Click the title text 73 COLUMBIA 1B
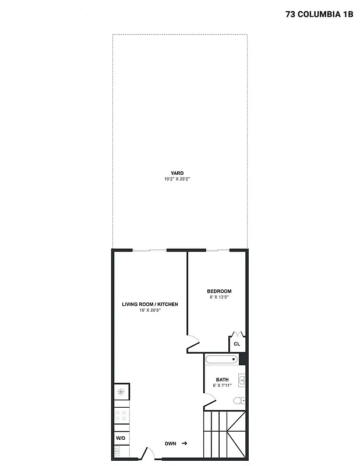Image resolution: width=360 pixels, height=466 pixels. [319, 15]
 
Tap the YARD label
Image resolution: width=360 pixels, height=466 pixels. [177, 173]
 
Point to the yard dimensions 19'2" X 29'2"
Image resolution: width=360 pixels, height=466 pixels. [177, 179]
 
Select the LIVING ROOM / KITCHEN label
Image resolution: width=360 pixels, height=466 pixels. [150, 304]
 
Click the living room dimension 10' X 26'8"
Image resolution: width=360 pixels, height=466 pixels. [150, 310]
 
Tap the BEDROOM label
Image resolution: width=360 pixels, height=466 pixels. [219, 291]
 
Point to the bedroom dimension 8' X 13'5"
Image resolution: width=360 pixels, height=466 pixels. [219, 298]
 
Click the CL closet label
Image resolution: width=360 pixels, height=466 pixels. [237, 344]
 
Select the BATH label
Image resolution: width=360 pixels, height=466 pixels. [223, 380]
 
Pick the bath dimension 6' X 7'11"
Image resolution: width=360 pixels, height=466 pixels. [223, 386]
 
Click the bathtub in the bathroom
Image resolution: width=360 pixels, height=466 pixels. [222, 359]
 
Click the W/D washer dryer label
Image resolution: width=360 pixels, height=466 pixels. [121, 437]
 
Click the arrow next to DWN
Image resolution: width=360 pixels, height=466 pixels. [184, 443]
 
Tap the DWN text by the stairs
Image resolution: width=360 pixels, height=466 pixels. [170, 444]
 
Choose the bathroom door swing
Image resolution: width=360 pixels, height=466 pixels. [210, 401]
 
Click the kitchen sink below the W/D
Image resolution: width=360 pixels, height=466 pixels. [118, 450]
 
